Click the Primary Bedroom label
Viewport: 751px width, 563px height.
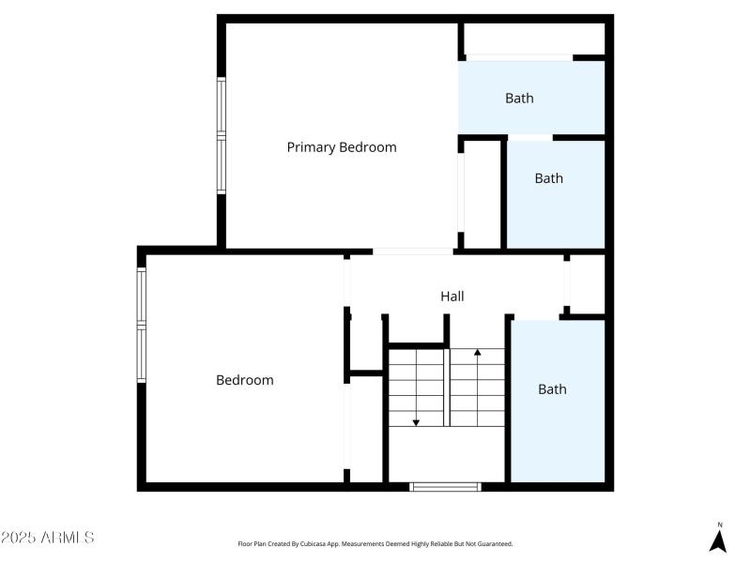(341, 147)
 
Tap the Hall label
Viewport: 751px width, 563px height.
(452, 297)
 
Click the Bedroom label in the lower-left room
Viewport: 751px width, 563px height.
(244, 380)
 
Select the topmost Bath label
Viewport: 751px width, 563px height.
(519, 98)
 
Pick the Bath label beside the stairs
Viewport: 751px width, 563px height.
(552, 388)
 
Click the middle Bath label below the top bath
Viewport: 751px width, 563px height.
(548, 178)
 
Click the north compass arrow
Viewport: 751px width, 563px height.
(718, 540)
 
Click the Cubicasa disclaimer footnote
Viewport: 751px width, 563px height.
(375, 543)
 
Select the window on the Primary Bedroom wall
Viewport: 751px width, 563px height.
(222, 137)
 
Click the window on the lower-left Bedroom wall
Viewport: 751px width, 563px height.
(142, 325)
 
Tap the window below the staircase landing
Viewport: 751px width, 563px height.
(446, 486)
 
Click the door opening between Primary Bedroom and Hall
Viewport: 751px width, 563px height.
(414, 251)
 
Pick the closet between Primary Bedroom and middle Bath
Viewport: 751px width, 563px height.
(483, 194)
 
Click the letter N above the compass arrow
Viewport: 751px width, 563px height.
(719, 525)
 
